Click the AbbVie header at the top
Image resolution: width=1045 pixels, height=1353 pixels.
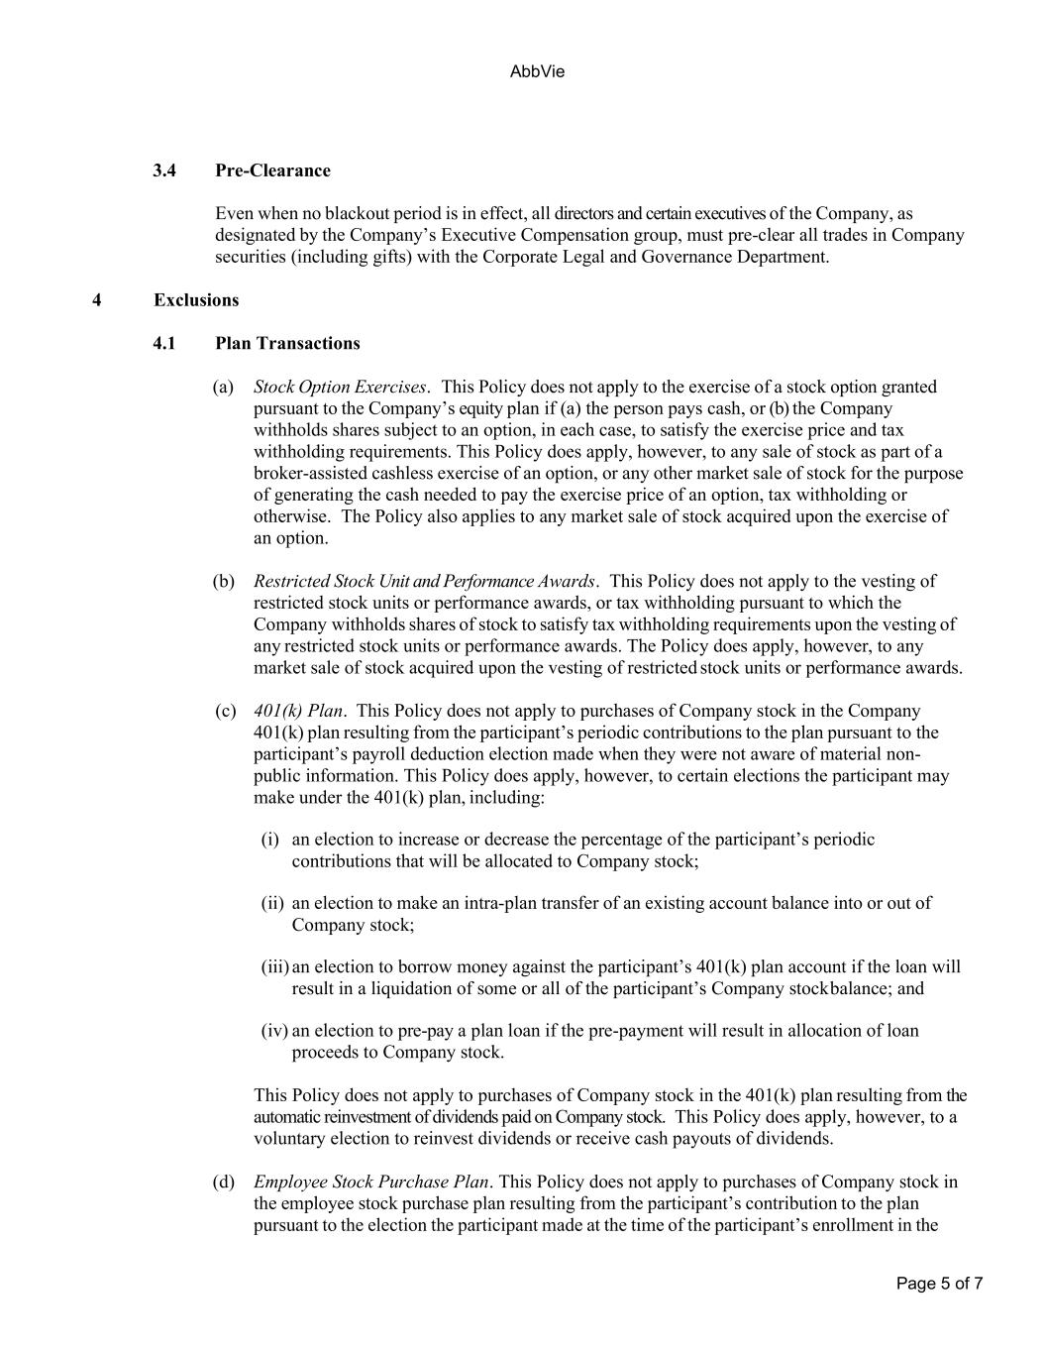pos(537,72)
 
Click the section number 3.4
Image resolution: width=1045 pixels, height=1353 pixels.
pos(164,170)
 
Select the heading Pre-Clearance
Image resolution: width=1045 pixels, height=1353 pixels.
pos(272,170)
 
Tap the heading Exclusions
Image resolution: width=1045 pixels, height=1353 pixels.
pos(196,300)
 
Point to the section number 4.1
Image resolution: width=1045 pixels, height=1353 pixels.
pos(164,344)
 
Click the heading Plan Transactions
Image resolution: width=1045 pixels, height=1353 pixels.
pos(287,344)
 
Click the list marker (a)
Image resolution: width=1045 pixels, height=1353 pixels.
pos(223,387)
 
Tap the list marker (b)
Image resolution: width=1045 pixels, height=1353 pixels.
pos(223,581)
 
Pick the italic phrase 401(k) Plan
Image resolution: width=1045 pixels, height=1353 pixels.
pos(298,711)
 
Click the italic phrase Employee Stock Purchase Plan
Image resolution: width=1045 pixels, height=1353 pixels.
pos(371,1182)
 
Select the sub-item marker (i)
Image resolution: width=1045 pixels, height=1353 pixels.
pos(269,840)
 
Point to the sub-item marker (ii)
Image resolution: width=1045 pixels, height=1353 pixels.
pos(271,903)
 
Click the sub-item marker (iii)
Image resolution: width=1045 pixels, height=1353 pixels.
pos(274,966)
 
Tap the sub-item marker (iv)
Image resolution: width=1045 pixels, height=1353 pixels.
pos(274,1031)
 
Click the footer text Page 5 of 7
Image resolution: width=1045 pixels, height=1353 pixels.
pos(939,1284)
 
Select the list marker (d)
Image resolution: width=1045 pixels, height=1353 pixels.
pos(223,1182)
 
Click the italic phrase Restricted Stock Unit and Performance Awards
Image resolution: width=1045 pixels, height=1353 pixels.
pos(424,581)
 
